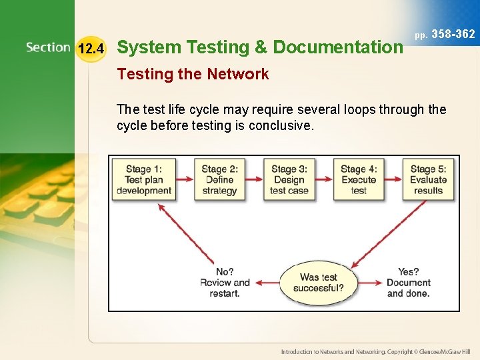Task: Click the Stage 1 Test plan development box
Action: pyautogui.click(x=144, y=179)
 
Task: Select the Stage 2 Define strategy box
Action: pyautogui.click(x=219, y=179)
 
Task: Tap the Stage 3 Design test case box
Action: pyautogui.click(x=289, y=179)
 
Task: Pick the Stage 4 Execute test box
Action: pyautogui.click(x=359, y=179)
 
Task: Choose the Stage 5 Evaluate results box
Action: pyautogui.click(x=428, y=179)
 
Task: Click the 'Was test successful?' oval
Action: pyautogui.click(x=319, y=283)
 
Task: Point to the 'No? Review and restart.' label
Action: pyautogui.click(x=225, y=283)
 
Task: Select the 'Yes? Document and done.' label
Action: pyautogui.click(x=408, y=283)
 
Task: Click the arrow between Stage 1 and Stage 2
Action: pyautogui.click(x=185, y=179)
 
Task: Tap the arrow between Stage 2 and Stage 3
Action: pyautogui.click(x=254, y=179)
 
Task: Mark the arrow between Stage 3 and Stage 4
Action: pyautogui.click(x=325, y=179)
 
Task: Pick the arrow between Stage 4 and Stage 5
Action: pyautogui.click(x=393, y=179)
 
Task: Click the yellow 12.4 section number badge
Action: pyautogui.click(x=91, y=48)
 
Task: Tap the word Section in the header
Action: pyautogui.click(x=48, y=47)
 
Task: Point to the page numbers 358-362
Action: pyautogui.click(x=453, y=34)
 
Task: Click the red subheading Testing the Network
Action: pyautogui.click(x=193, y=75)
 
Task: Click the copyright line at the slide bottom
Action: pyautogui.click(x=375, y=351)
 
